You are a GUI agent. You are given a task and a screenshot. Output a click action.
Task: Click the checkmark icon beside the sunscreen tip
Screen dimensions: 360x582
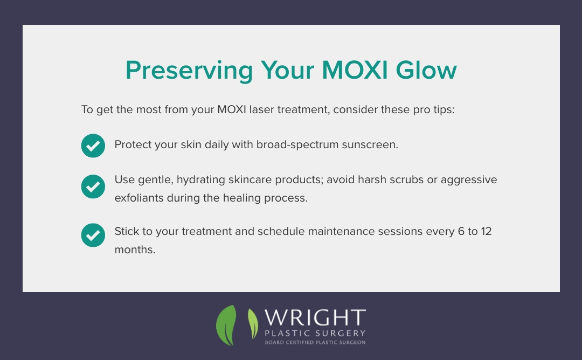[93, 146]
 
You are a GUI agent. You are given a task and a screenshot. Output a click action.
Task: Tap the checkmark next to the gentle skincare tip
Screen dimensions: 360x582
[93, 187]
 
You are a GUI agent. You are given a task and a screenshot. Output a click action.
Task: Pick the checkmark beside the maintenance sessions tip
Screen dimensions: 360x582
[93, 235]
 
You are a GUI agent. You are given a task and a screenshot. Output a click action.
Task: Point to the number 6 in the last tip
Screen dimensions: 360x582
[455, 232]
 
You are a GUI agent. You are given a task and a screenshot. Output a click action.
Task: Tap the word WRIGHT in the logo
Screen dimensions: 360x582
[315, 317]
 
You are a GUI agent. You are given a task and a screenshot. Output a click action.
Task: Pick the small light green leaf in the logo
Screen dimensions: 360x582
[252, 323]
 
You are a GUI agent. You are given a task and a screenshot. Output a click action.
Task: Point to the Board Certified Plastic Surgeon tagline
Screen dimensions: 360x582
[315, 342]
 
